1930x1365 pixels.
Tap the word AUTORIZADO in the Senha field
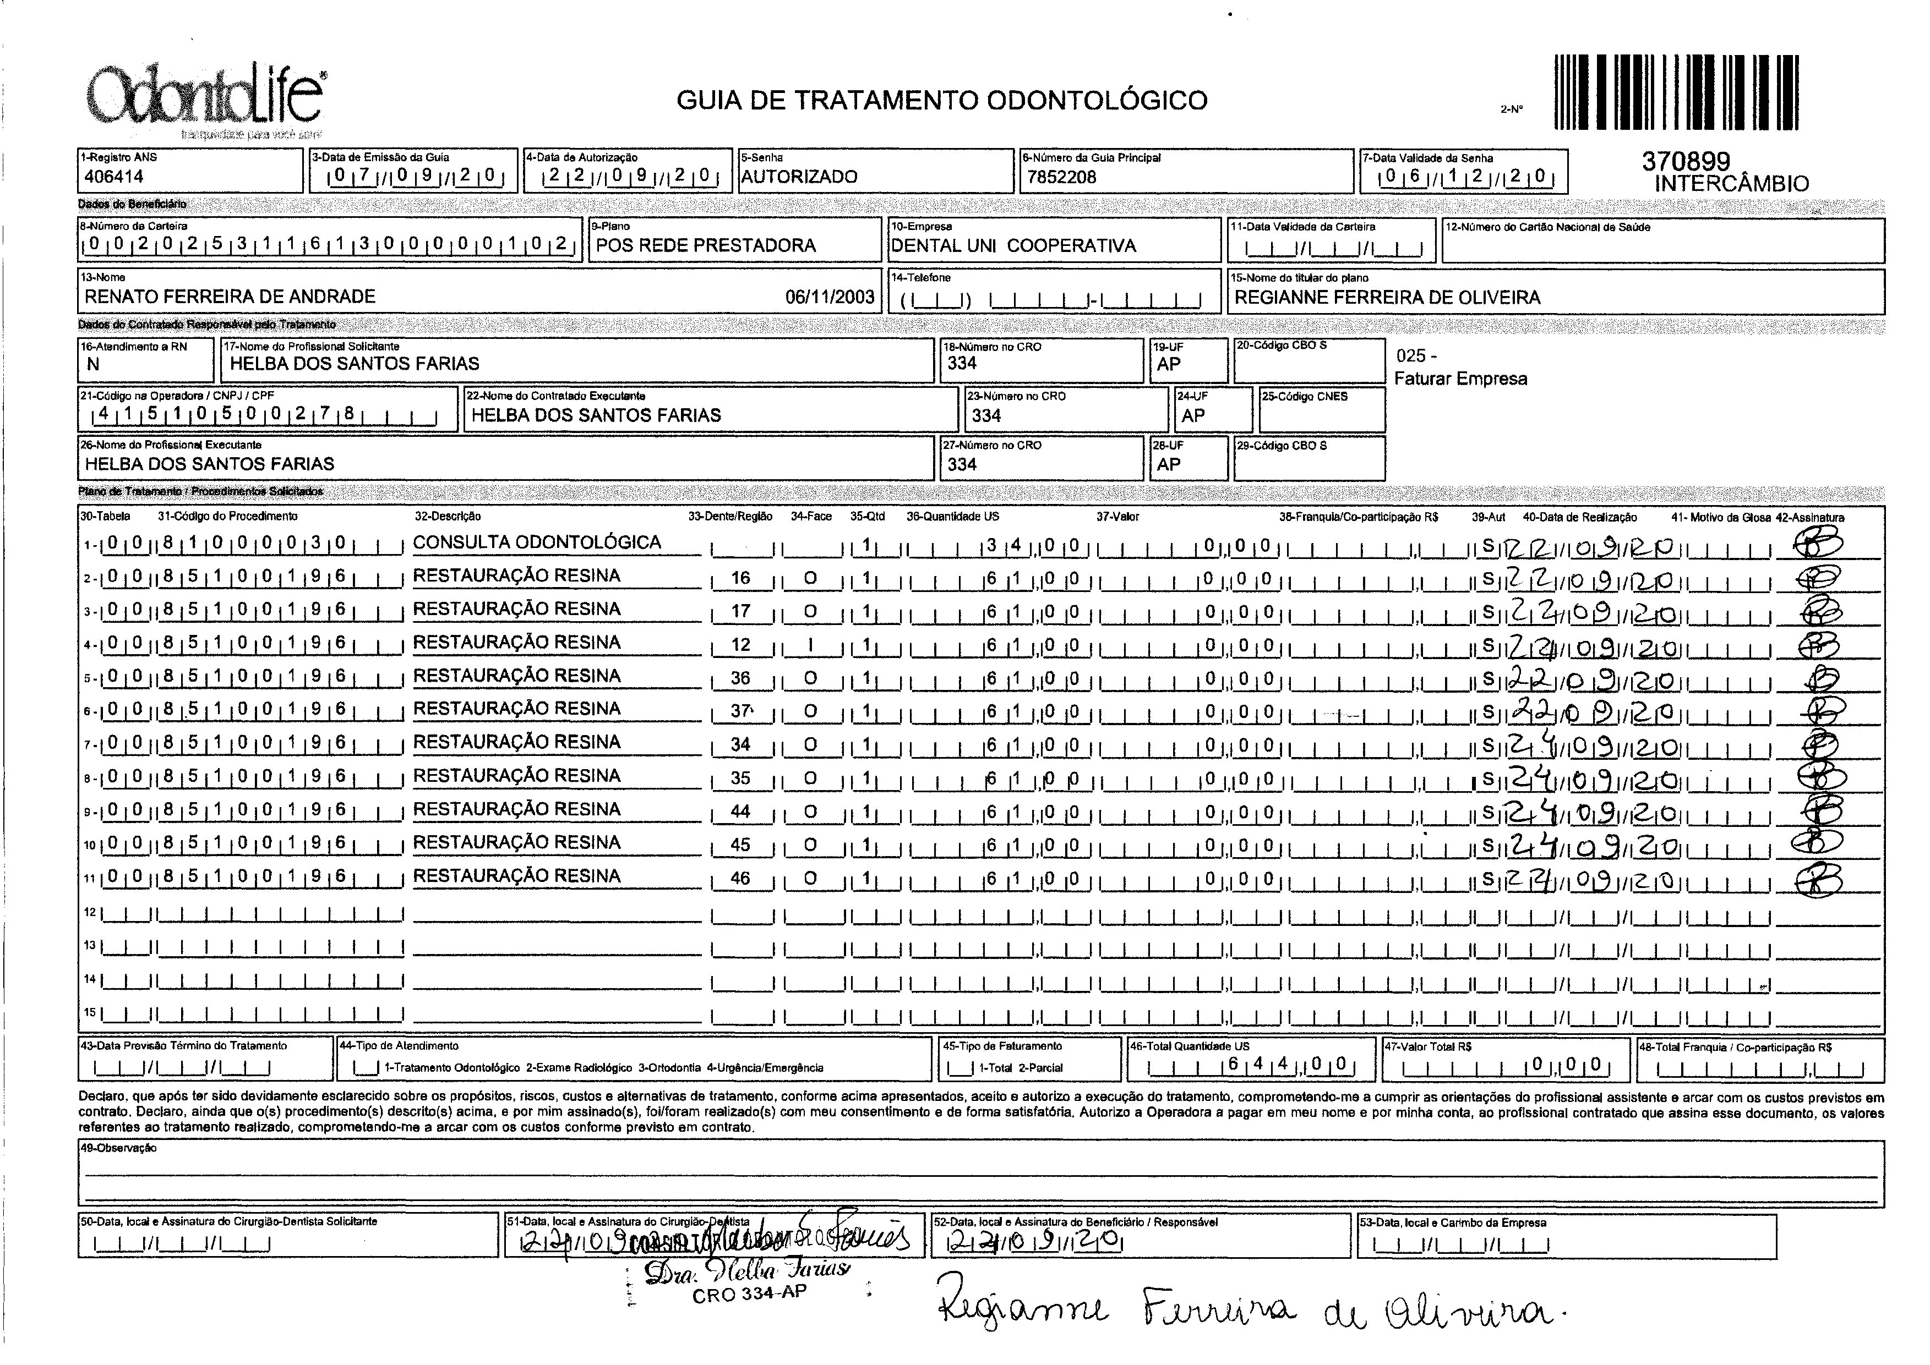click(799, 177)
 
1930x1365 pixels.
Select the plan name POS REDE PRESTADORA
click(706, 245)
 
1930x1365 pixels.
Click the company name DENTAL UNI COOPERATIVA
click(1013, 245)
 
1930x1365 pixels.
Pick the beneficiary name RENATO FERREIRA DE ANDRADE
click(230, 297)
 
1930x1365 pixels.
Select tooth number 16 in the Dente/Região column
click(740, 578)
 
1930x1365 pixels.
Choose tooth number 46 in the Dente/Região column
click(740, 878)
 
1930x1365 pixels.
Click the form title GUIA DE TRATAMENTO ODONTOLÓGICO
click(942, 101)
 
